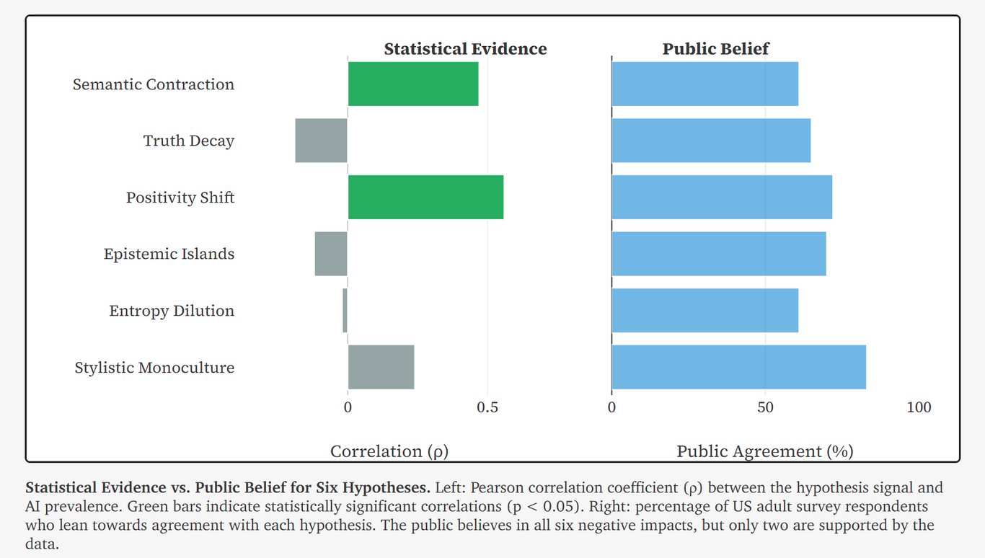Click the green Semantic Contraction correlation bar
413,84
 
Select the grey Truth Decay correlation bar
321,141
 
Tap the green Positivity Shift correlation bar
425,197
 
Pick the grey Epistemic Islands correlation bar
331,254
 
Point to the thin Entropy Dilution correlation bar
345,311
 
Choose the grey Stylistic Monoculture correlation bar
381,367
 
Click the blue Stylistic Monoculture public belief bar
738,367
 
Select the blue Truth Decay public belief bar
711,141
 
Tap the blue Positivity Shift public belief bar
722,197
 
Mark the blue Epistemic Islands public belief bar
719,254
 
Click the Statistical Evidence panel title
465,49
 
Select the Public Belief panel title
716,49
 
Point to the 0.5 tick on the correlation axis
487,407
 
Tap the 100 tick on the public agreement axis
919,407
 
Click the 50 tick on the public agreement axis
765,407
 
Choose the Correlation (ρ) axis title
389,451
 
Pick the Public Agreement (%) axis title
764,451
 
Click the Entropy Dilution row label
172,311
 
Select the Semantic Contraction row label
154,84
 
